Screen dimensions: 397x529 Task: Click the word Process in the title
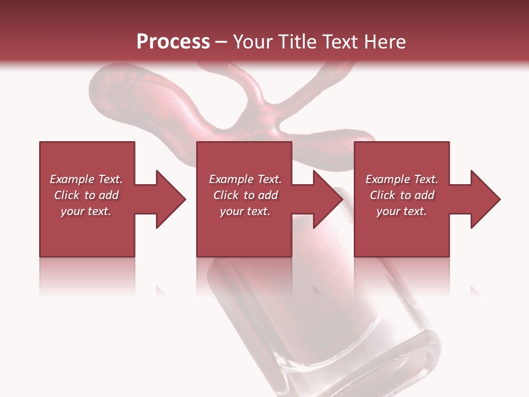pyautogui.click(x=173, y=42)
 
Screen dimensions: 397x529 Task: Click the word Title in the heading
pyautogui.click(x=297, y=42)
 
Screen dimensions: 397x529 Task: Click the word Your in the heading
pyautogui.click(x=253, y=42)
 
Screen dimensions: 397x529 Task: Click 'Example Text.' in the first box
pyautogui.click(x=86, y=179)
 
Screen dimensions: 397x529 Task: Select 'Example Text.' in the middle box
pyautogui.click(x=245, y=179)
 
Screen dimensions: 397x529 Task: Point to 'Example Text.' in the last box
pyautogui.click(x=402, y=179)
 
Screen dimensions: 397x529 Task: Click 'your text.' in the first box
pyautogui.click(x=86, y=211)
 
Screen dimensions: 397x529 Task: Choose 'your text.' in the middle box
pyautogui.click(x=245, y=211)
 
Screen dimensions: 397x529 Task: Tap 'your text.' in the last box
pyautogui.click(x=402, y=211)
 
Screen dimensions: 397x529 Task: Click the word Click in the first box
pyautogui.click(x=67, y=195)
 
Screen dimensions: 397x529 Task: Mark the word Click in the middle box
pyautogui.click(x=226, y=195)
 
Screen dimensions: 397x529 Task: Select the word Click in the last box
pyautogui.click(x=382, y=195)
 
